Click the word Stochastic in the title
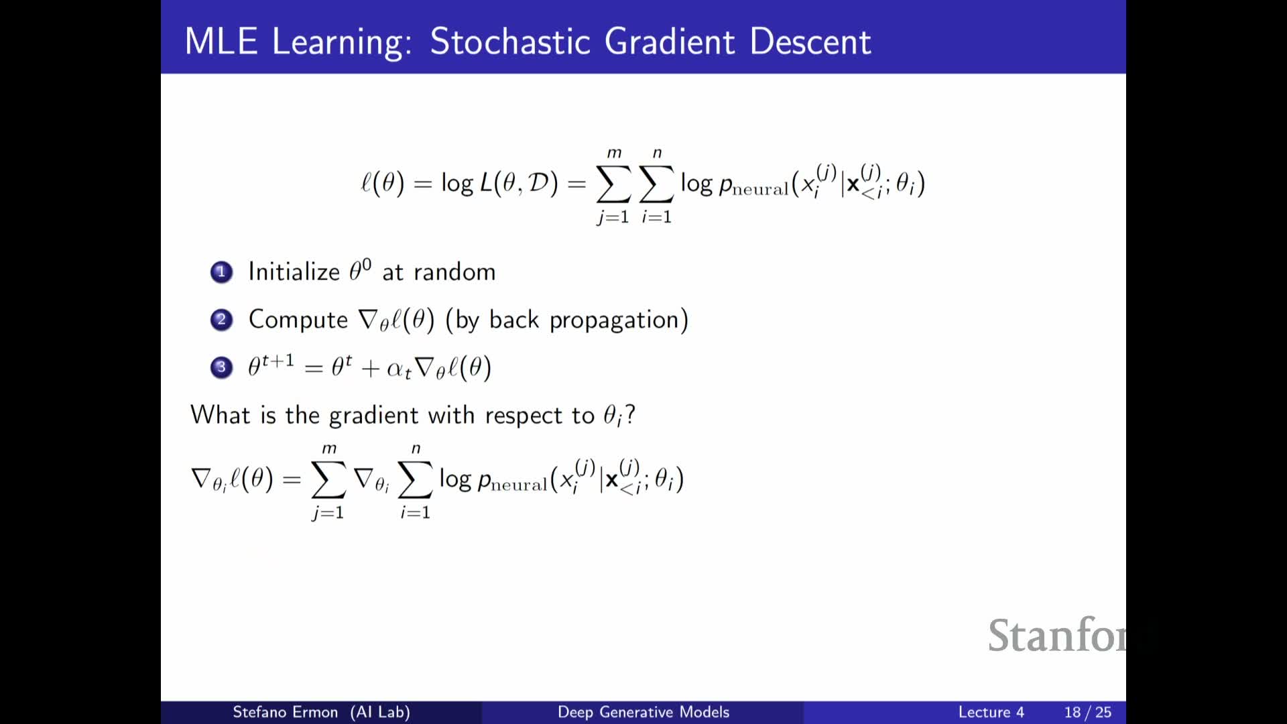pyautogui.click(x=509, y=42)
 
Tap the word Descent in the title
pyautogui.click(x=810, y=42)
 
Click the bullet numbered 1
pyautogui.click(x=221, y=272)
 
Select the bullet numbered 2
pyautogui.click(x=221, y=320)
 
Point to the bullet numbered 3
pyautogui.click(x=221, y=367)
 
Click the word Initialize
pyautogui.click(x=294, y=271)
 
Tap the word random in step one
pyautogui.click(x=454, y=271)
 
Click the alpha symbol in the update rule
pyautogui.click(x=396, y=369)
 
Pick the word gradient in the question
pyautogui.click(x=373, y=416)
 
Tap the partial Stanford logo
pyautogui.click(x=1057, y=635)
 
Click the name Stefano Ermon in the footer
pyautogui.click(x=285, y=712)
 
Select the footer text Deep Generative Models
pyautogui.click(x=643, y=712)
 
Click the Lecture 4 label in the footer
pyautogui.click(x=991, y=712)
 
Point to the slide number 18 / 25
pyautogui.click(x=1087, y=712)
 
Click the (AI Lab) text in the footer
pyautogui.click(x=380, y=712)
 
